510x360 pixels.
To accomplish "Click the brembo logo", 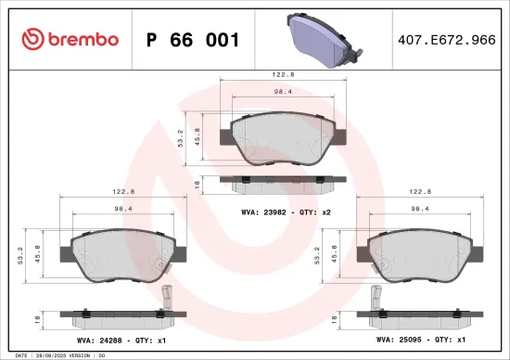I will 70,38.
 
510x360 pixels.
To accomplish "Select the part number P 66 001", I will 194,39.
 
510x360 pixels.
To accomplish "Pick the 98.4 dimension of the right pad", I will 420,209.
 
